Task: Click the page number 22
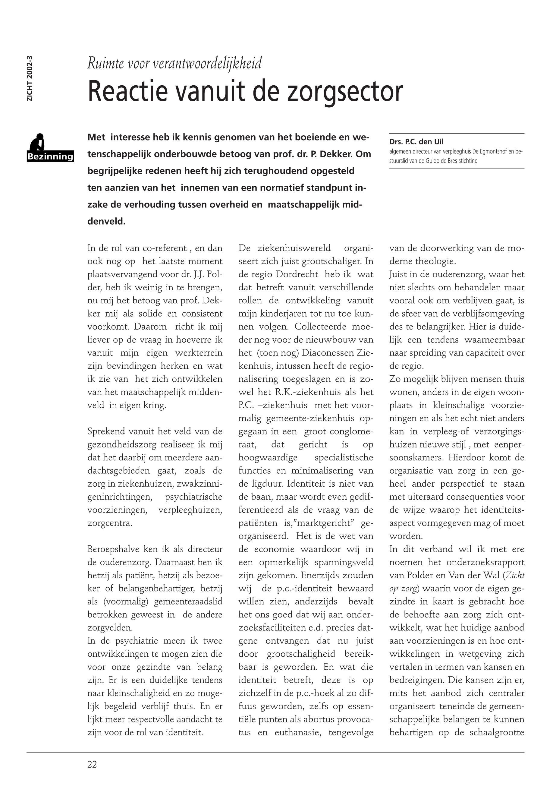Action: pyautogui.click(x=92, y=764)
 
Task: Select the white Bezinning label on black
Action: pyautogui.click(x=50, y=156)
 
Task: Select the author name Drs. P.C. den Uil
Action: pyautogui.click(x=417, y=142)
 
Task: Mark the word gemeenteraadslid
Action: pyautogui.click(x=188, y=601)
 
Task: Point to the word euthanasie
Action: pyautogui.click(x=298, y=732)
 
